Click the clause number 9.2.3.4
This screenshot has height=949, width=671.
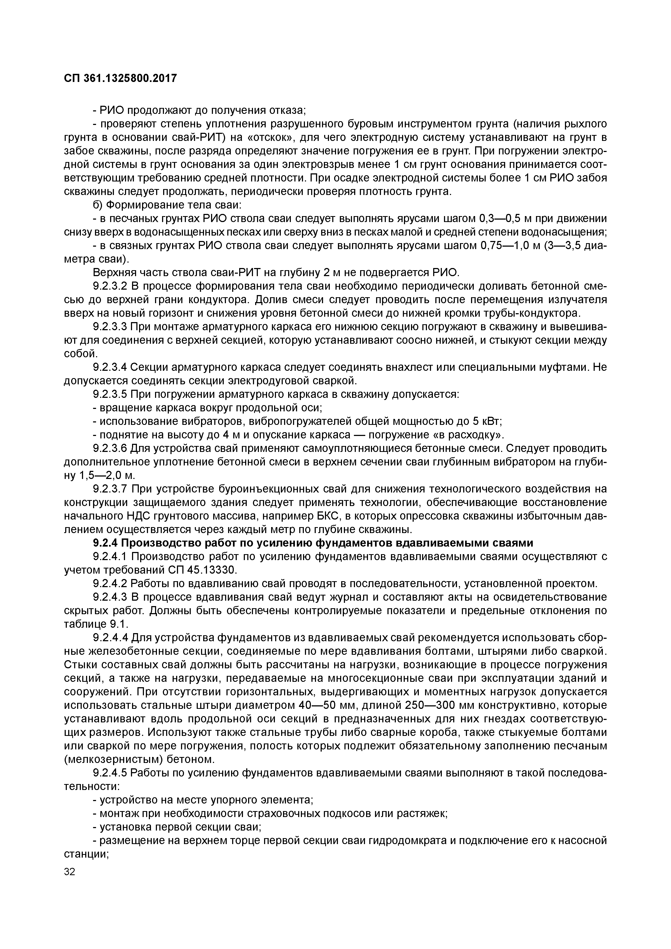110,367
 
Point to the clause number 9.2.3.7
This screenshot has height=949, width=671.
110,489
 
